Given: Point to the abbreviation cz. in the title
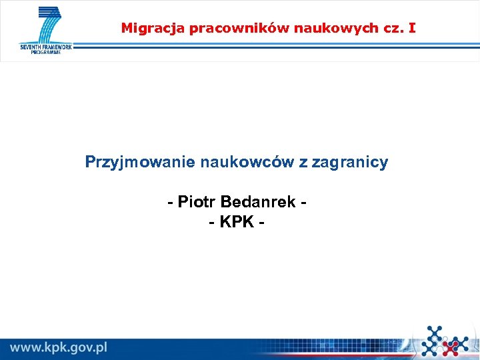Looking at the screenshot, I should coord(388,28).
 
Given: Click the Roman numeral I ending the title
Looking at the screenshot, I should coord(413,28).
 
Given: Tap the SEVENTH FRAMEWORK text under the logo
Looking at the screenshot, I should coord(45,47).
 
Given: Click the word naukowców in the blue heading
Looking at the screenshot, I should coord(225,162).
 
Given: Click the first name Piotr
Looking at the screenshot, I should coord(197,201).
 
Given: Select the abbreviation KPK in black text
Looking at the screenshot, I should coord(237,221).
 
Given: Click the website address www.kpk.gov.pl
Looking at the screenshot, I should coord(59,347).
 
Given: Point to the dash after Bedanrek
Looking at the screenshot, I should coord(304,202).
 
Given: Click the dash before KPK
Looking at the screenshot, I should coord(212,222).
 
